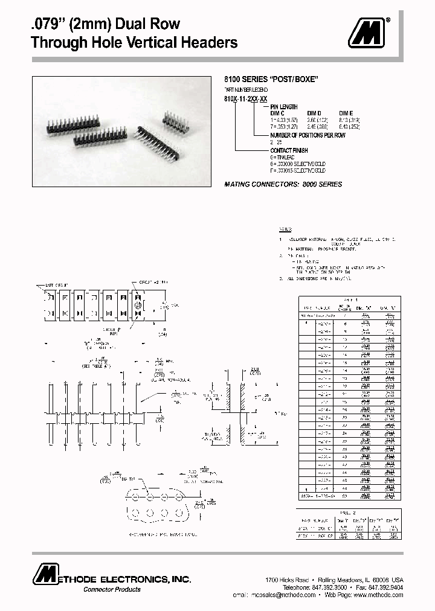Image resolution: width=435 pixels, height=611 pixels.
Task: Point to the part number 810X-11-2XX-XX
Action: point(246,97)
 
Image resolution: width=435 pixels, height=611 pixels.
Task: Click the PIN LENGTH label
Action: point(284,106)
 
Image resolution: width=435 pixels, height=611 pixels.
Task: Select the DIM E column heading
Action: point(345,112)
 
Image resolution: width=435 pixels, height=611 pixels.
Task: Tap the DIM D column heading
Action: point(315,112)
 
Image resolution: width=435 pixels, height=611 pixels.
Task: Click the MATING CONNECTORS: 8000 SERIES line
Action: point(283,184)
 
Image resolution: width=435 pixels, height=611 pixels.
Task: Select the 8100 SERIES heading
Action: point(271,79)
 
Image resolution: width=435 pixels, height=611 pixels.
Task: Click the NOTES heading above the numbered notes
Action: point(285,230)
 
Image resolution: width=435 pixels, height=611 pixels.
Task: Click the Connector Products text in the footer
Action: point(112,589)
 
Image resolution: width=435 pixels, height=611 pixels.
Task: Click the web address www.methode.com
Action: point(378,595)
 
